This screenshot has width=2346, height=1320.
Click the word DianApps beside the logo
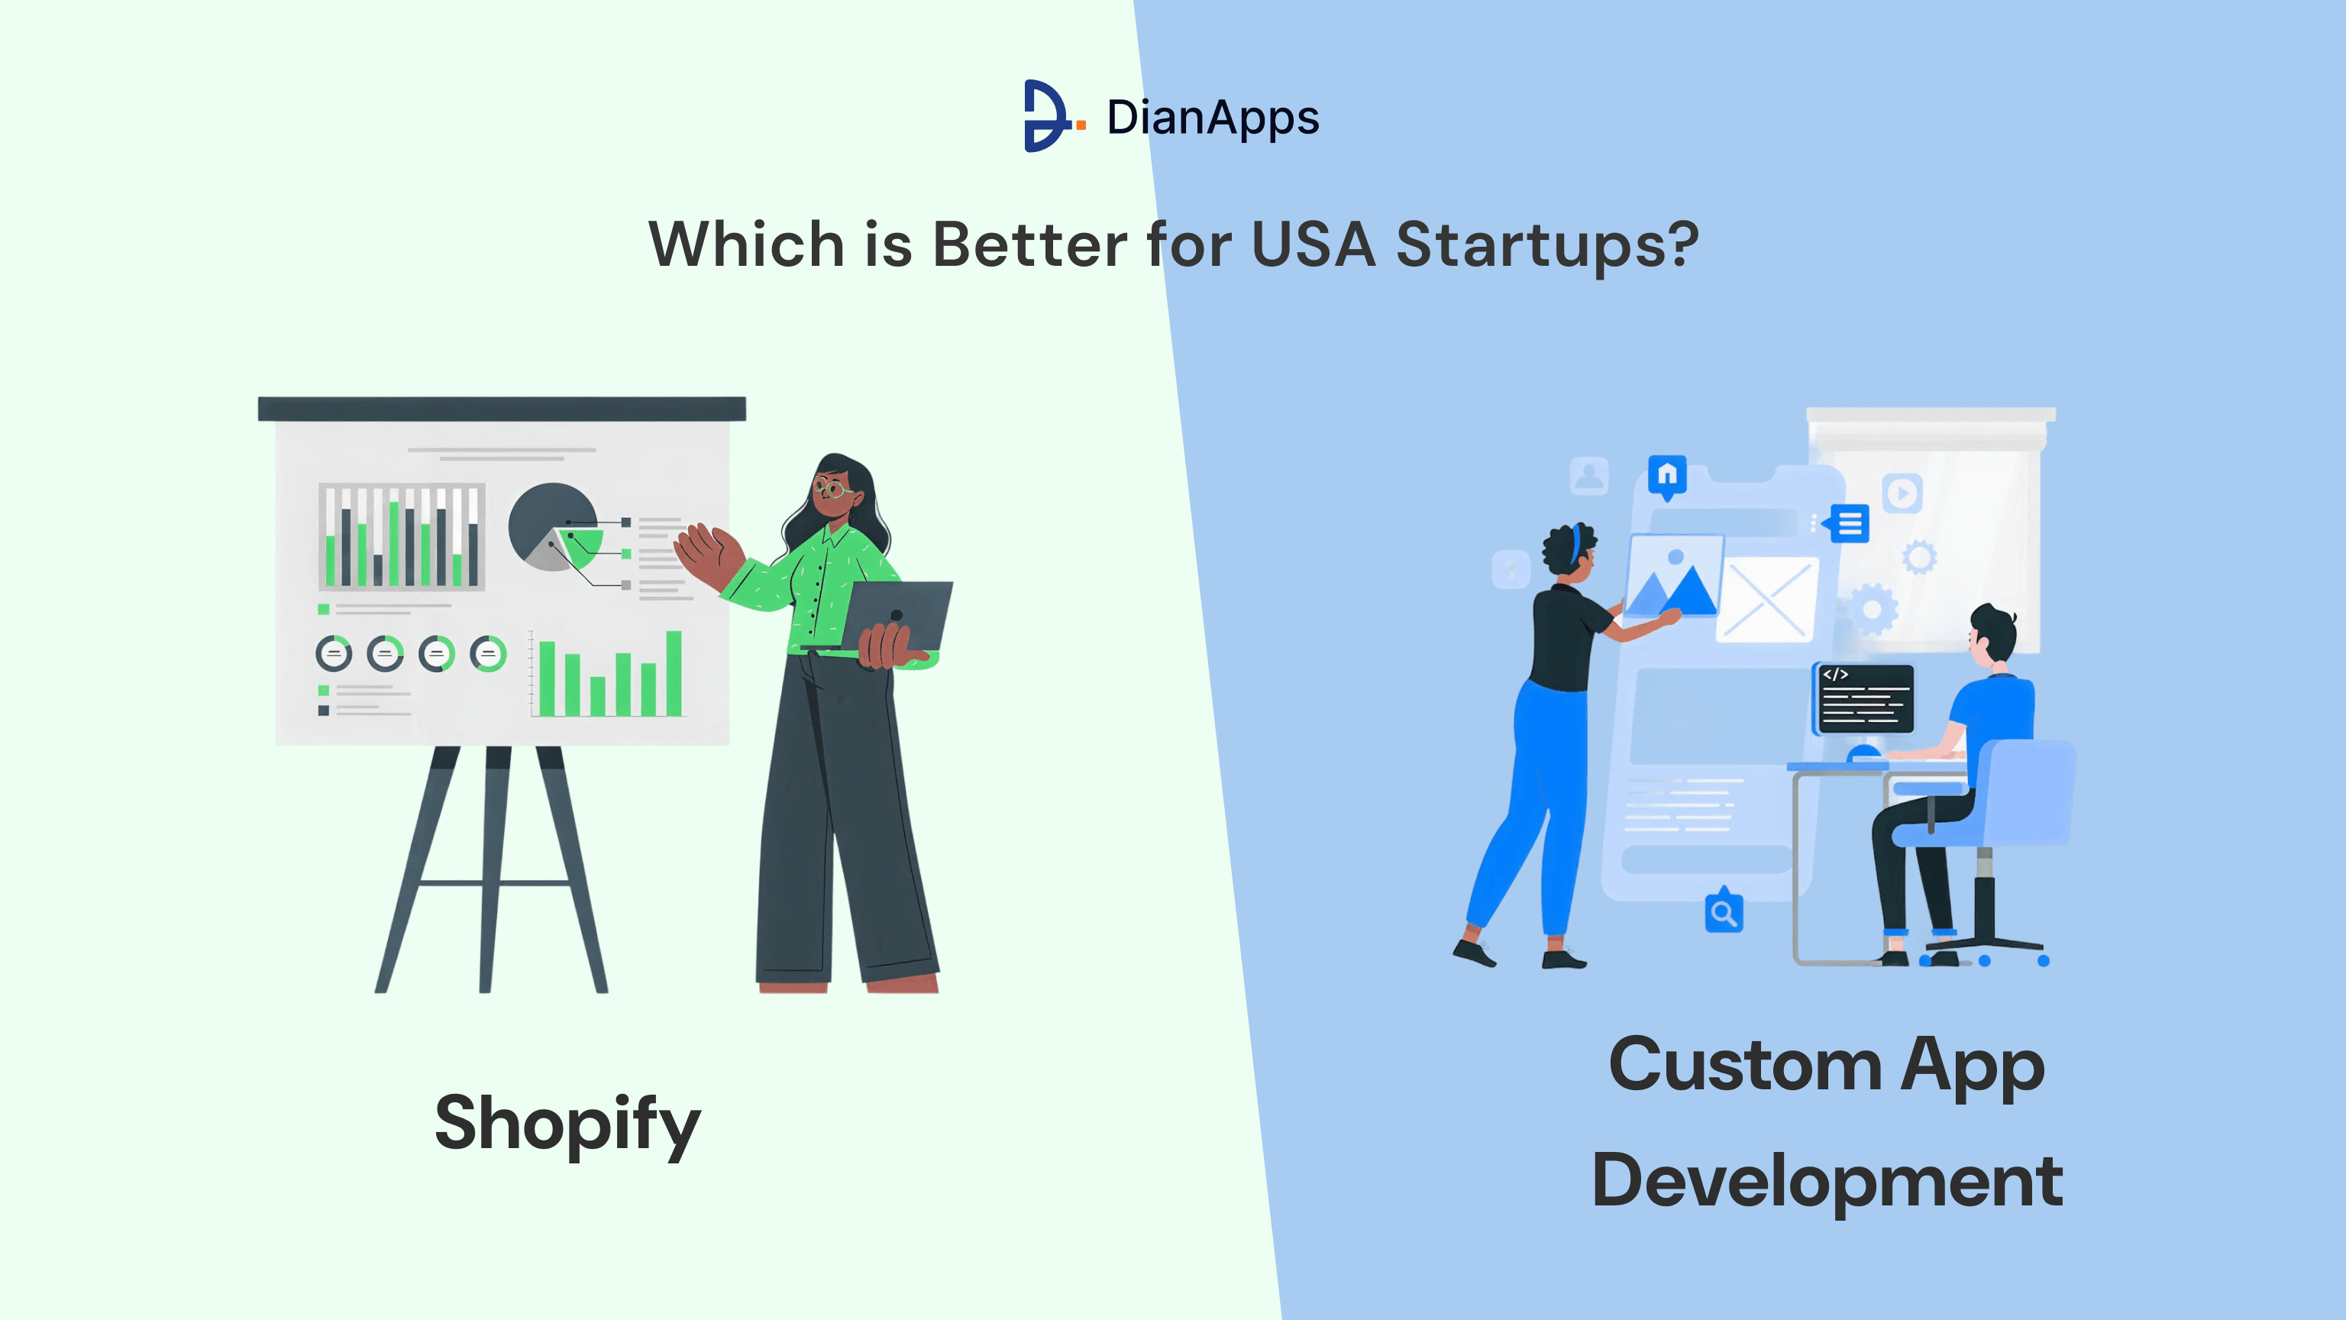[1212, 118]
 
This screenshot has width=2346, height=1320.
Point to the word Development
[1826, 1181]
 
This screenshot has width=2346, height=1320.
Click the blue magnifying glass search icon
[1723, 912]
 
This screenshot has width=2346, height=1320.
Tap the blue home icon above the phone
[1666, 476]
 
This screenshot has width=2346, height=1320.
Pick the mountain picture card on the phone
[1673, 577]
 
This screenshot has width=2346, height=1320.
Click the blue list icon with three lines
[1849, 524]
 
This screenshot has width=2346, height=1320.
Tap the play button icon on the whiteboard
[1902, 493]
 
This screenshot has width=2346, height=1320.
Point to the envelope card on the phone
[1767, 600]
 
